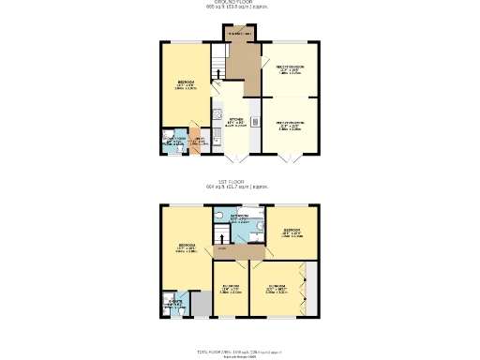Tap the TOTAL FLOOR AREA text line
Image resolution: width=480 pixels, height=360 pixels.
click(x=239, y=352)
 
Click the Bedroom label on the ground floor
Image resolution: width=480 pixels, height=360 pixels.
click(x=186, y=84)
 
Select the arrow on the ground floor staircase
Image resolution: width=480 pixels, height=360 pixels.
click(x=217, y=71)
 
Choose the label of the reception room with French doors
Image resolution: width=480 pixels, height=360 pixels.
click(x=289, y=125)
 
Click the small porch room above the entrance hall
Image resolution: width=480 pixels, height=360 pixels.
click(x=238, y=35)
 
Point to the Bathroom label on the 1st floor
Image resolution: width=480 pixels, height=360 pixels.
click(x=240, y=217)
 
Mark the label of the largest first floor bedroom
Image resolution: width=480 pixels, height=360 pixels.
click(x=186, y=248)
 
